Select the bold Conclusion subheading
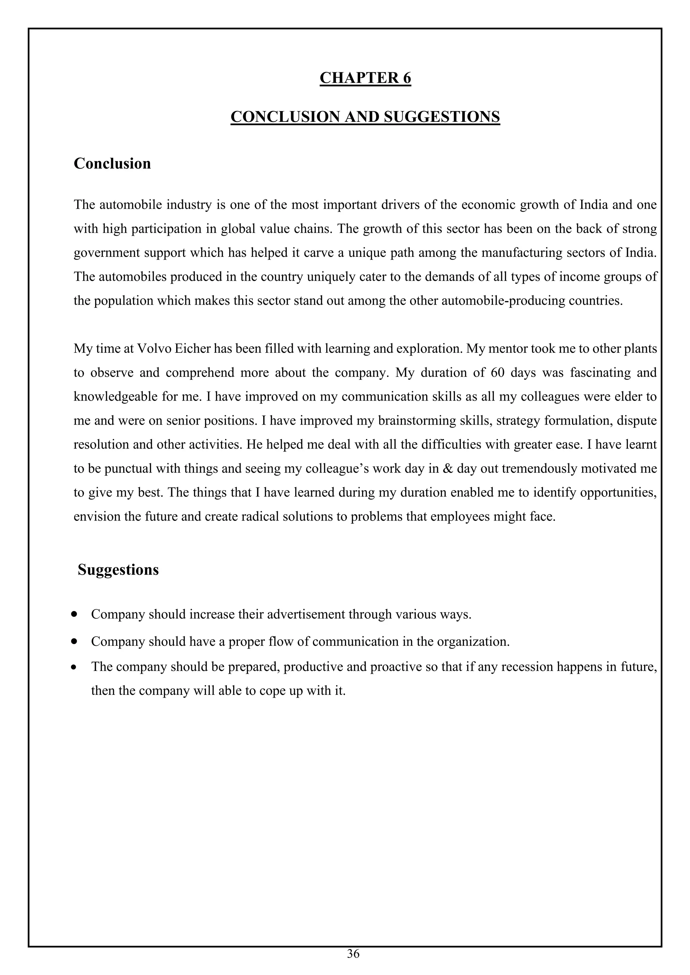[112, 164]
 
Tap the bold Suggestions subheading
[118, 569]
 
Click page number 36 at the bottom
[353, 954]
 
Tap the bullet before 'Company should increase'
[75, 614]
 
